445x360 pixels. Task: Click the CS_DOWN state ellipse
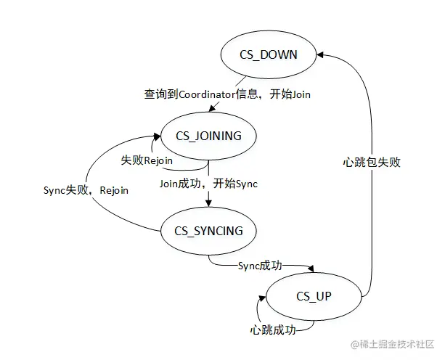point(269,54)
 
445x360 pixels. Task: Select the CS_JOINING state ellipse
point(209,135)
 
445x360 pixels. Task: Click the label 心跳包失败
point(371,163)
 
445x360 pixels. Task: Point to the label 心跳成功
point(273,330)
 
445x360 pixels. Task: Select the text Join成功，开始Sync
point(209,184)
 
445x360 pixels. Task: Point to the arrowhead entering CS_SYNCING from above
point(209,204)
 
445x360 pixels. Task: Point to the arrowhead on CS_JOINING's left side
point(156,135)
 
